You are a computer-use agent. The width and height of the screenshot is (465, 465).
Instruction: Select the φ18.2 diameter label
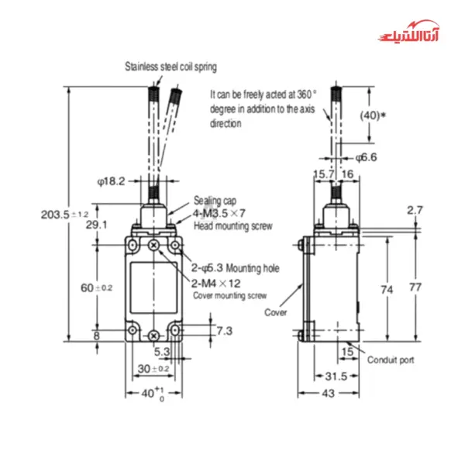coord(112,181)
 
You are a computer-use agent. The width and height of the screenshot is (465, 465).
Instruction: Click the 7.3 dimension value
coord(201,331)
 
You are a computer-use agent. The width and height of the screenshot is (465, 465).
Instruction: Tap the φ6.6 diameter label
coord(367,157)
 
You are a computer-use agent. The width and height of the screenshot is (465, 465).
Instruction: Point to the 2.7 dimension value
coord(415,210)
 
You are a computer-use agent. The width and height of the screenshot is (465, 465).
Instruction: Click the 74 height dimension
coord(387,289)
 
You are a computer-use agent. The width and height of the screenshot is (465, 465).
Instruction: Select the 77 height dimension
coord(415,288)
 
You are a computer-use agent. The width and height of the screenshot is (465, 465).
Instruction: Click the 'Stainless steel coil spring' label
coord(171,67)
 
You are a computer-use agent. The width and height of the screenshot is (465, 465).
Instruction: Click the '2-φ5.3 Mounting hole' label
coord(236,268)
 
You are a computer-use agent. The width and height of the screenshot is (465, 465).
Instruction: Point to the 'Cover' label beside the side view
coord(276,312)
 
